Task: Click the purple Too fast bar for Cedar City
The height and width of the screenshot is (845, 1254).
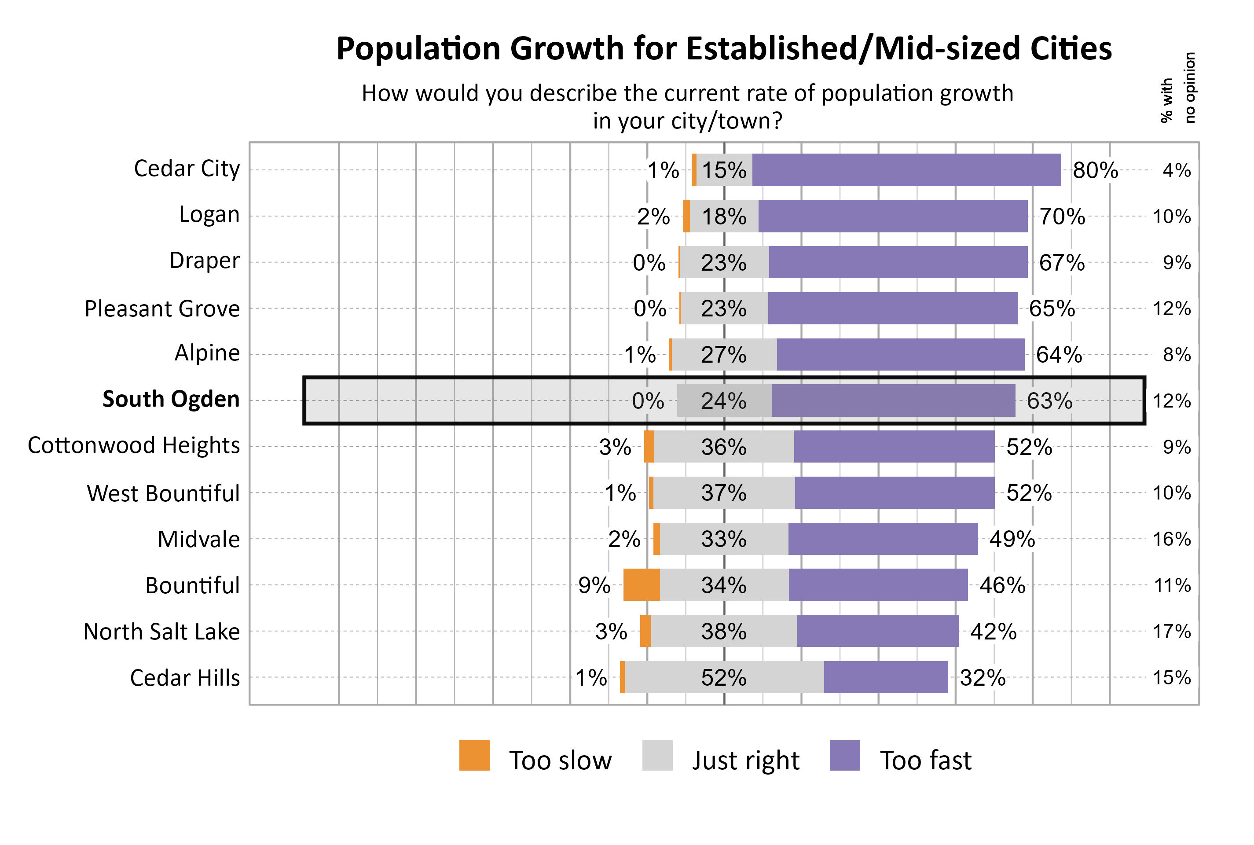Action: pos(906,170)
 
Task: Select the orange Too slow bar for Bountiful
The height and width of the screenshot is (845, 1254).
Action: pos(641,585)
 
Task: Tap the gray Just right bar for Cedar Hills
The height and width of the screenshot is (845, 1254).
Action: pos(724,677)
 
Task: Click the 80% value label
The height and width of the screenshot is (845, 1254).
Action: pos(1095,170)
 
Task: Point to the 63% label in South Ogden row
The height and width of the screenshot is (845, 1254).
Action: pos(1049,401)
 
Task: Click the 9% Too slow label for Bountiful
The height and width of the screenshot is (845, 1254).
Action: pos(594,585)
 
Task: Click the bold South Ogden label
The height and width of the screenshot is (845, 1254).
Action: pos(171,399)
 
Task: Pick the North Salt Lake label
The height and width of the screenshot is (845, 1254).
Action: pos(161,632)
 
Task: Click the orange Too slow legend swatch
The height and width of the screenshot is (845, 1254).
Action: pos(474,756)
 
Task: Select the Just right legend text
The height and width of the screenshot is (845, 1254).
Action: pos(745,760)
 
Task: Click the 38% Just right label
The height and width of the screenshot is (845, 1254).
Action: pos(723,632)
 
